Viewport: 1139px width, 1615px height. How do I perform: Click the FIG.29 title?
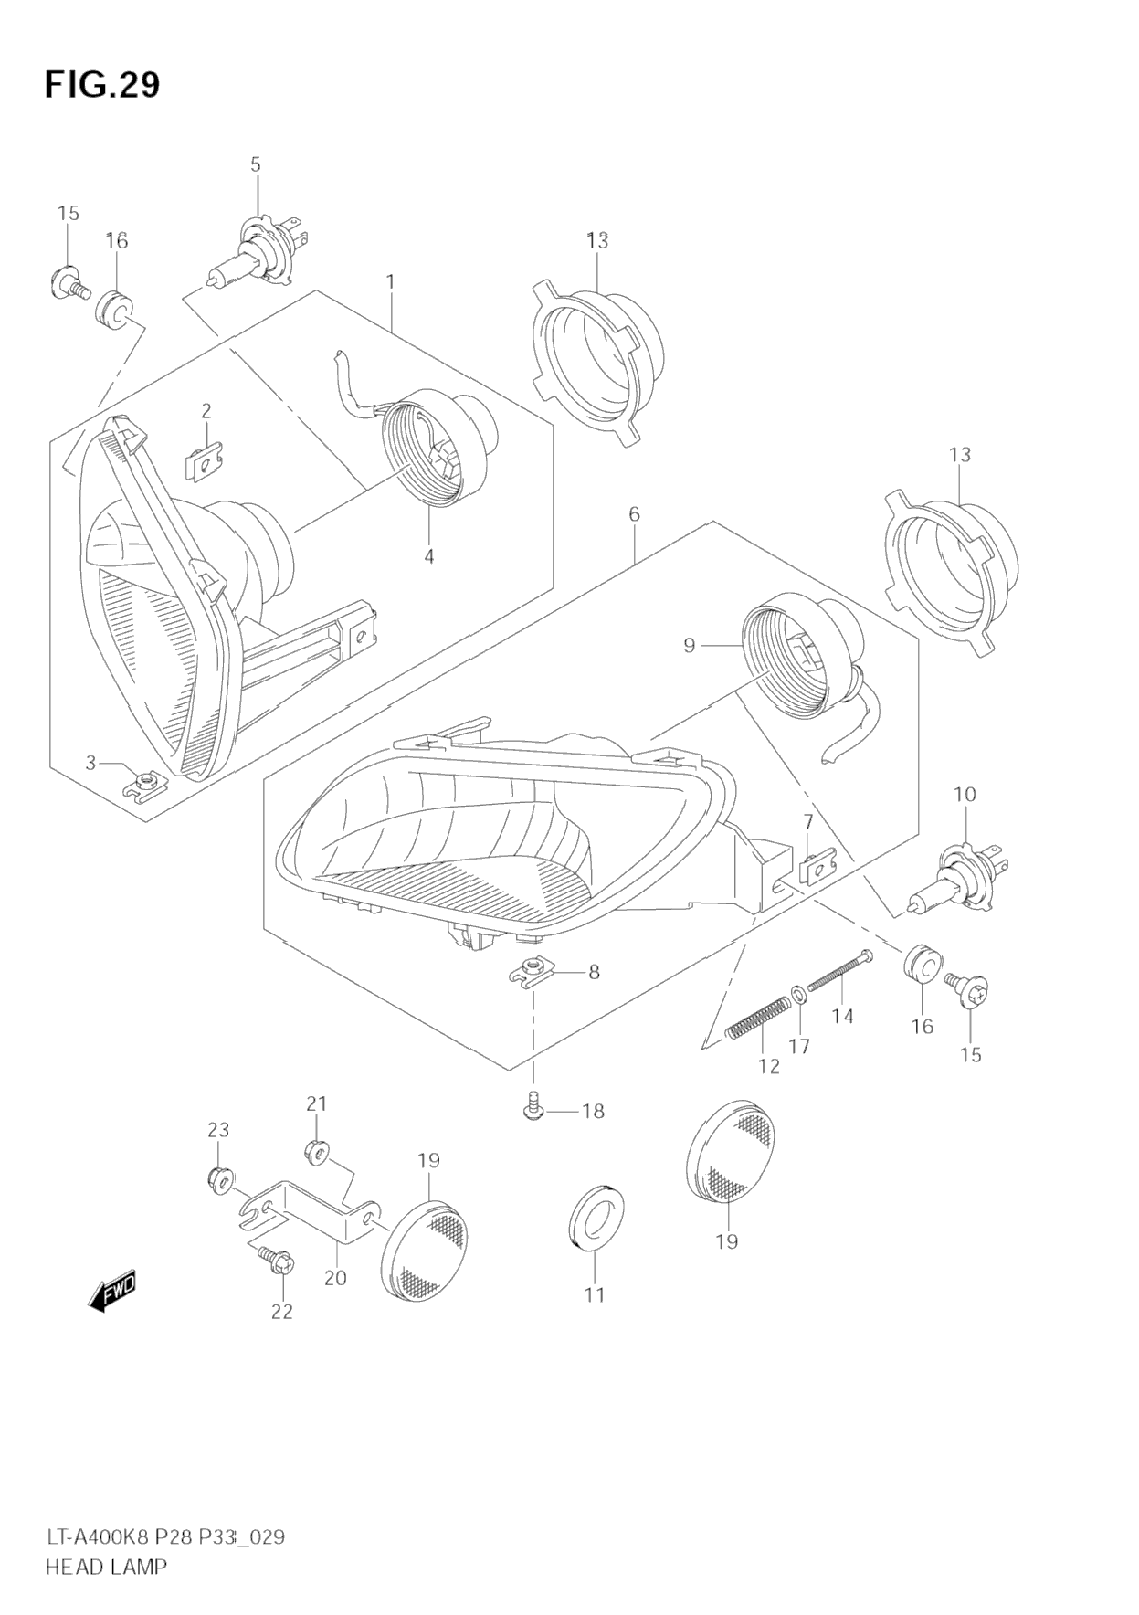(x=102, y=85)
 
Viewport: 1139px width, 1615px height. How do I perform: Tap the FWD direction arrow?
(x=112, y=1292)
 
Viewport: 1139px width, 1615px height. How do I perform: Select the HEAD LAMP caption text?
(x=106, y=1567)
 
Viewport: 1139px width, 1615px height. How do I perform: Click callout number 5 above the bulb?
(x=256, y=164)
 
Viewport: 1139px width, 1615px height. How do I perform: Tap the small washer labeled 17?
(x=798, y=993)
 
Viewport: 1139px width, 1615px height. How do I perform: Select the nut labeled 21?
(x=316, y=1153)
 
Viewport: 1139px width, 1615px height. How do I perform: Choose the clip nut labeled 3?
(x=142, y=783)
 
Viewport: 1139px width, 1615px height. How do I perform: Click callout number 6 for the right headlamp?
(x=634, y=514)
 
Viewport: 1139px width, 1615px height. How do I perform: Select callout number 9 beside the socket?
(x=690, y=646)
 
